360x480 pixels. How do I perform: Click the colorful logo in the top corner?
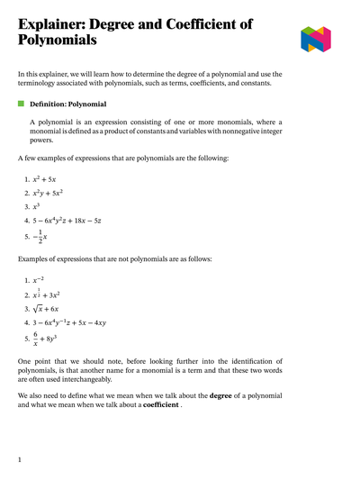pos(316,38)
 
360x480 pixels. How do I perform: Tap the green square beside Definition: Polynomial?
pos(21,104)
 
